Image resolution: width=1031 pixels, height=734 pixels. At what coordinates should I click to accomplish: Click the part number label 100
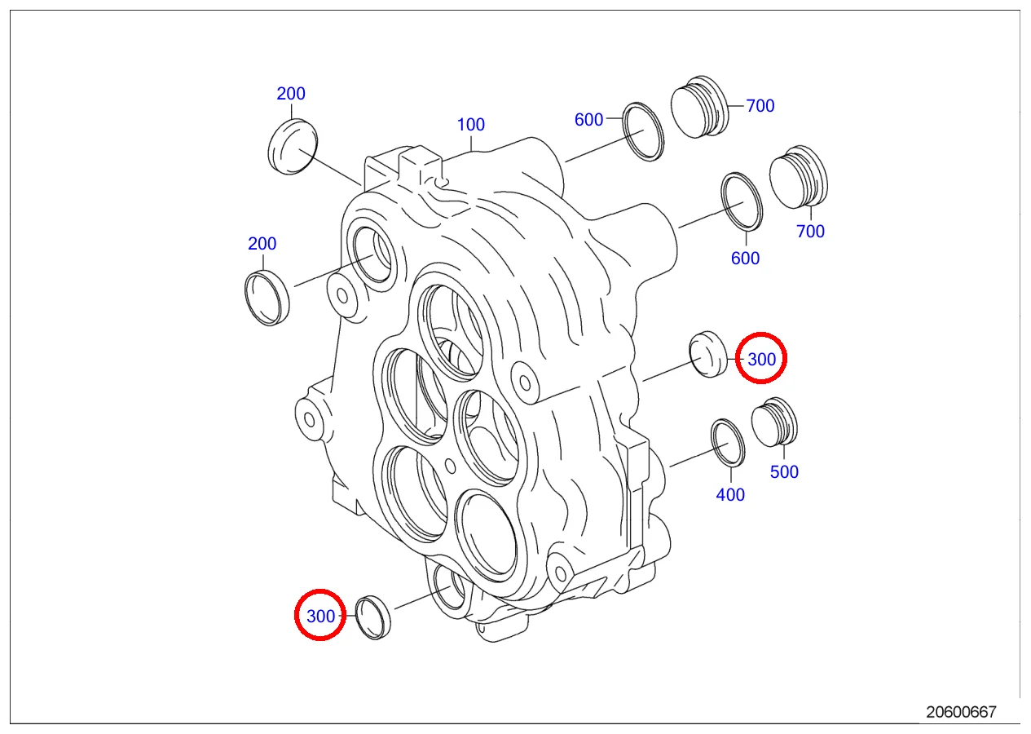pos(470,125)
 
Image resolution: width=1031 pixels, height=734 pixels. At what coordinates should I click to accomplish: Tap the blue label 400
pos(730,494)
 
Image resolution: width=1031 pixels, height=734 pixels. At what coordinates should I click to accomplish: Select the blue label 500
pos(784,471)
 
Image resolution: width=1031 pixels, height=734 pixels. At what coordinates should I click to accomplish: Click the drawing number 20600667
pos(961,711)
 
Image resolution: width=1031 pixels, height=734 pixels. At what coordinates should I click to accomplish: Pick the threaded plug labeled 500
pos(773,423)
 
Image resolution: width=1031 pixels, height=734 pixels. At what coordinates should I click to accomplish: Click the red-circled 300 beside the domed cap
pos(761,358)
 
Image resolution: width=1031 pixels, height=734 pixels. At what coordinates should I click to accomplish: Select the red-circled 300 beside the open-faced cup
pos(320,616)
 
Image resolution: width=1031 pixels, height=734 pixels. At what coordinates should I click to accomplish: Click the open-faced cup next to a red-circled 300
pos(374,617)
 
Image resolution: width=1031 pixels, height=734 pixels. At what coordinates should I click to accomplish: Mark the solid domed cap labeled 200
pos(292,146)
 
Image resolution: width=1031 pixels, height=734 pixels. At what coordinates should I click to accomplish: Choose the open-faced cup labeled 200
pos(267,297)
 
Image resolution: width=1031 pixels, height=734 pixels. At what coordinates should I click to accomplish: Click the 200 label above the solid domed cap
pos(291,94)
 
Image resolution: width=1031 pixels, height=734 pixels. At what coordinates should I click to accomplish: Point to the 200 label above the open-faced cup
pos(262,243)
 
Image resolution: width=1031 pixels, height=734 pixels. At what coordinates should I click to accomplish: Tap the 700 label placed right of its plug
pos(760,106)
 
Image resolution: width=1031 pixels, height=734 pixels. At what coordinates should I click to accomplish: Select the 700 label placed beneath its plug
pos(810,232)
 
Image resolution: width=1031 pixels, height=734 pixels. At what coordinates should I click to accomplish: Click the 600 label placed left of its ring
pos(588,120)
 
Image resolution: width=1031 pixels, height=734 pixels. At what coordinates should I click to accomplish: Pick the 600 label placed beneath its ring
pos(745,259)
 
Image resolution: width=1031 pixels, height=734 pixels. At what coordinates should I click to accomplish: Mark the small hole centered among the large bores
pos(451,466)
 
